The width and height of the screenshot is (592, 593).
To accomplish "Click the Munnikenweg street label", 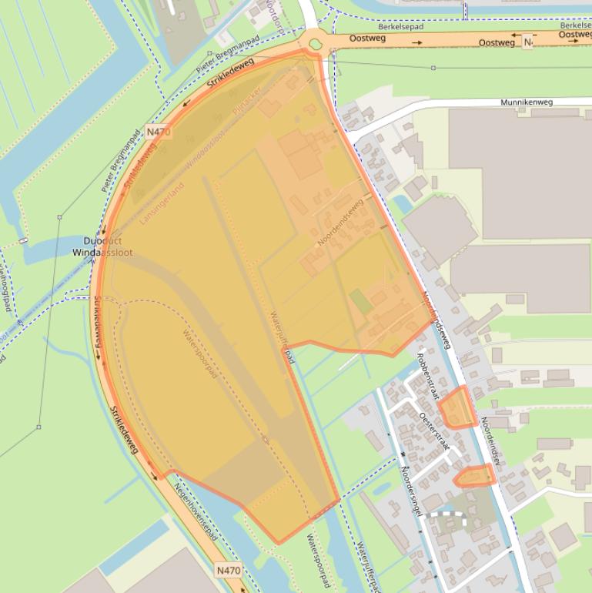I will (x=528, y=102).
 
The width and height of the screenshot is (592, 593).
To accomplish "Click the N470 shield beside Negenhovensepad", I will (x=229, y=571).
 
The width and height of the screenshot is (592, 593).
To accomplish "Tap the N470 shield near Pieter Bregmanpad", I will (x=158, y=132).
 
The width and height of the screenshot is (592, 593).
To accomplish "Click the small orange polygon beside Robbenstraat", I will (x=458, y=407).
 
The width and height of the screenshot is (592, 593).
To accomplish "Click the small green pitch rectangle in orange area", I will (x=360, y=301).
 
